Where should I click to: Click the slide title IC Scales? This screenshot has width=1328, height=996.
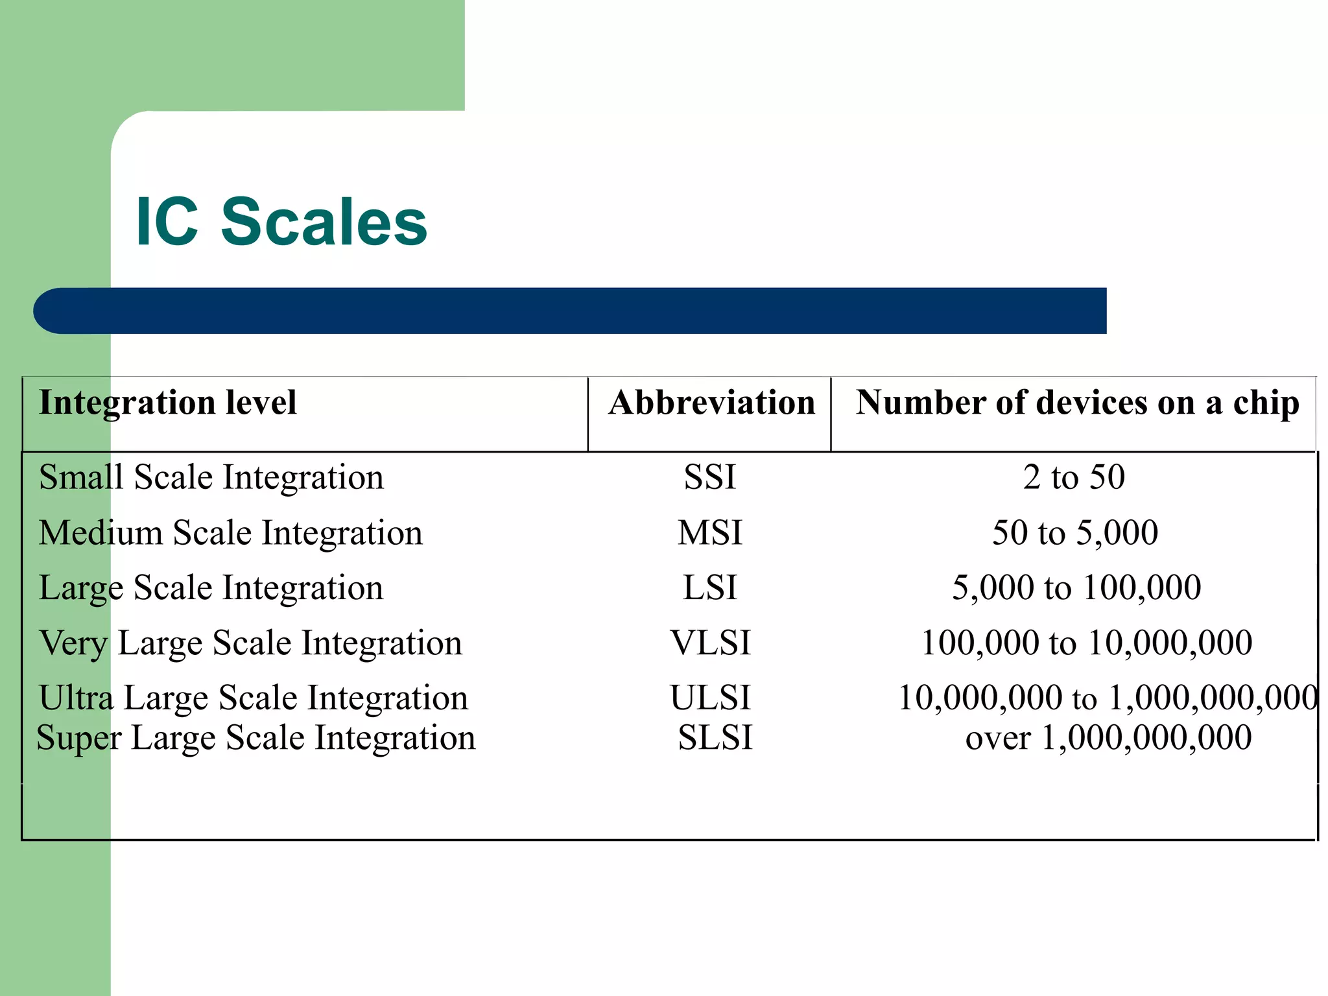[281, 222]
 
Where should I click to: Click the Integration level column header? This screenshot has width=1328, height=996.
[167, 403]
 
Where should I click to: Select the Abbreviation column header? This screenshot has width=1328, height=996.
[711, 403]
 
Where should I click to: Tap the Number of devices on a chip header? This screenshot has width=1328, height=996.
[1077, 403]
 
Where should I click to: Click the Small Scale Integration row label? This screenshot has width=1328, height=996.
[211, 478]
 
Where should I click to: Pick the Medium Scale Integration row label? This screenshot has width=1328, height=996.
[230, 533]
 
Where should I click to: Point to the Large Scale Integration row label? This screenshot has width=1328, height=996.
[211, 588]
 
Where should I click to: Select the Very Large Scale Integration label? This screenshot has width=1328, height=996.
[250, 643]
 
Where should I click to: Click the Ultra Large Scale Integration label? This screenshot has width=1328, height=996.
[253, 698]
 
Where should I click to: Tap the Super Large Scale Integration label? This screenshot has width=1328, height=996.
[255, 738]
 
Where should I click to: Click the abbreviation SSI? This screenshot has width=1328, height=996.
[710, 478]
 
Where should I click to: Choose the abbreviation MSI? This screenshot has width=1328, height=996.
[710, 533]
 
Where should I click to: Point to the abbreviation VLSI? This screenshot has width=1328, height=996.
[710, 643]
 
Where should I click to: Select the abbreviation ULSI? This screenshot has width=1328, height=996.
[710, 698]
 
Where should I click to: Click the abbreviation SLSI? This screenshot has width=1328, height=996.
[715, 738]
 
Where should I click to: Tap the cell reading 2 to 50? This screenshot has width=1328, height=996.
[1074, 478]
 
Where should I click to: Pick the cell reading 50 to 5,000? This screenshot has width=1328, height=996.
[1075, 533]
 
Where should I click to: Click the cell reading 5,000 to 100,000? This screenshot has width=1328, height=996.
[1076, 588]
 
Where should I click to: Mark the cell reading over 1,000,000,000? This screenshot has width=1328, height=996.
[1108, 738]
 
